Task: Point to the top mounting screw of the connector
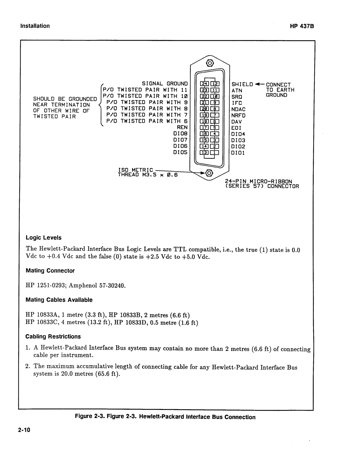coord(210,62)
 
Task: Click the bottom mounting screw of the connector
coord(209,173)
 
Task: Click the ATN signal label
coord(237,90)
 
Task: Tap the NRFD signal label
coord(239,115)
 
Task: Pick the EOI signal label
coord(236,128)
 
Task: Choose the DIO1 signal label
coord(238,153)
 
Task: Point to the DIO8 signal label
coord(181,134)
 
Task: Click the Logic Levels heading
coord(44,238)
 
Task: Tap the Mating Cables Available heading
coord(59,300)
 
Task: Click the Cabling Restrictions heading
coord(53,337)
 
